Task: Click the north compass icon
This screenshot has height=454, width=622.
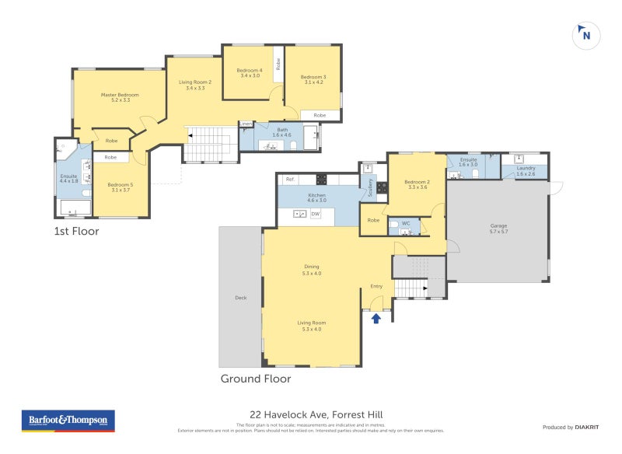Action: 585,35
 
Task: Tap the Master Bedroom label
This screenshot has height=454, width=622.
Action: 120,95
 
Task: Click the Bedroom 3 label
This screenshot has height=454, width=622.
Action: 313,76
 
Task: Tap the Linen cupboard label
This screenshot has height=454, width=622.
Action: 246,124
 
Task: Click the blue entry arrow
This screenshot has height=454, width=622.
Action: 377,317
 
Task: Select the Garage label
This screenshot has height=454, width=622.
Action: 498,226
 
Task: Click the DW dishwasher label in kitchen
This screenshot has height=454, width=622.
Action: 315,214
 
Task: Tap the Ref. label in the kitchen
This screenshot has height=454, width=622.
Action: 289,180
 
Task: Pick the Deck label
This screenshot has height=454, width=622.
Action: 240,297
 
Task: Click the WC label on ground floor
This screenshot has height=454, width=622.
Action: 405,224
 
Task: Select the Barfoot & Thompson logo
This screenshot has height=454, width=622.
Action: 68,421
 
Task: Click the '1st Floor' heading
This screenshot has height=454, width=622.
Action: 76,231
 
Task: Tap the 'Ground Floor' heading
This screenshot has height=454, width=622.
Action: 256,379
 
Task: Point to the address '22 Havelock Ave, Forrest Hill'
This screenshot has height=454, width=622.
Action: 310,414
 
